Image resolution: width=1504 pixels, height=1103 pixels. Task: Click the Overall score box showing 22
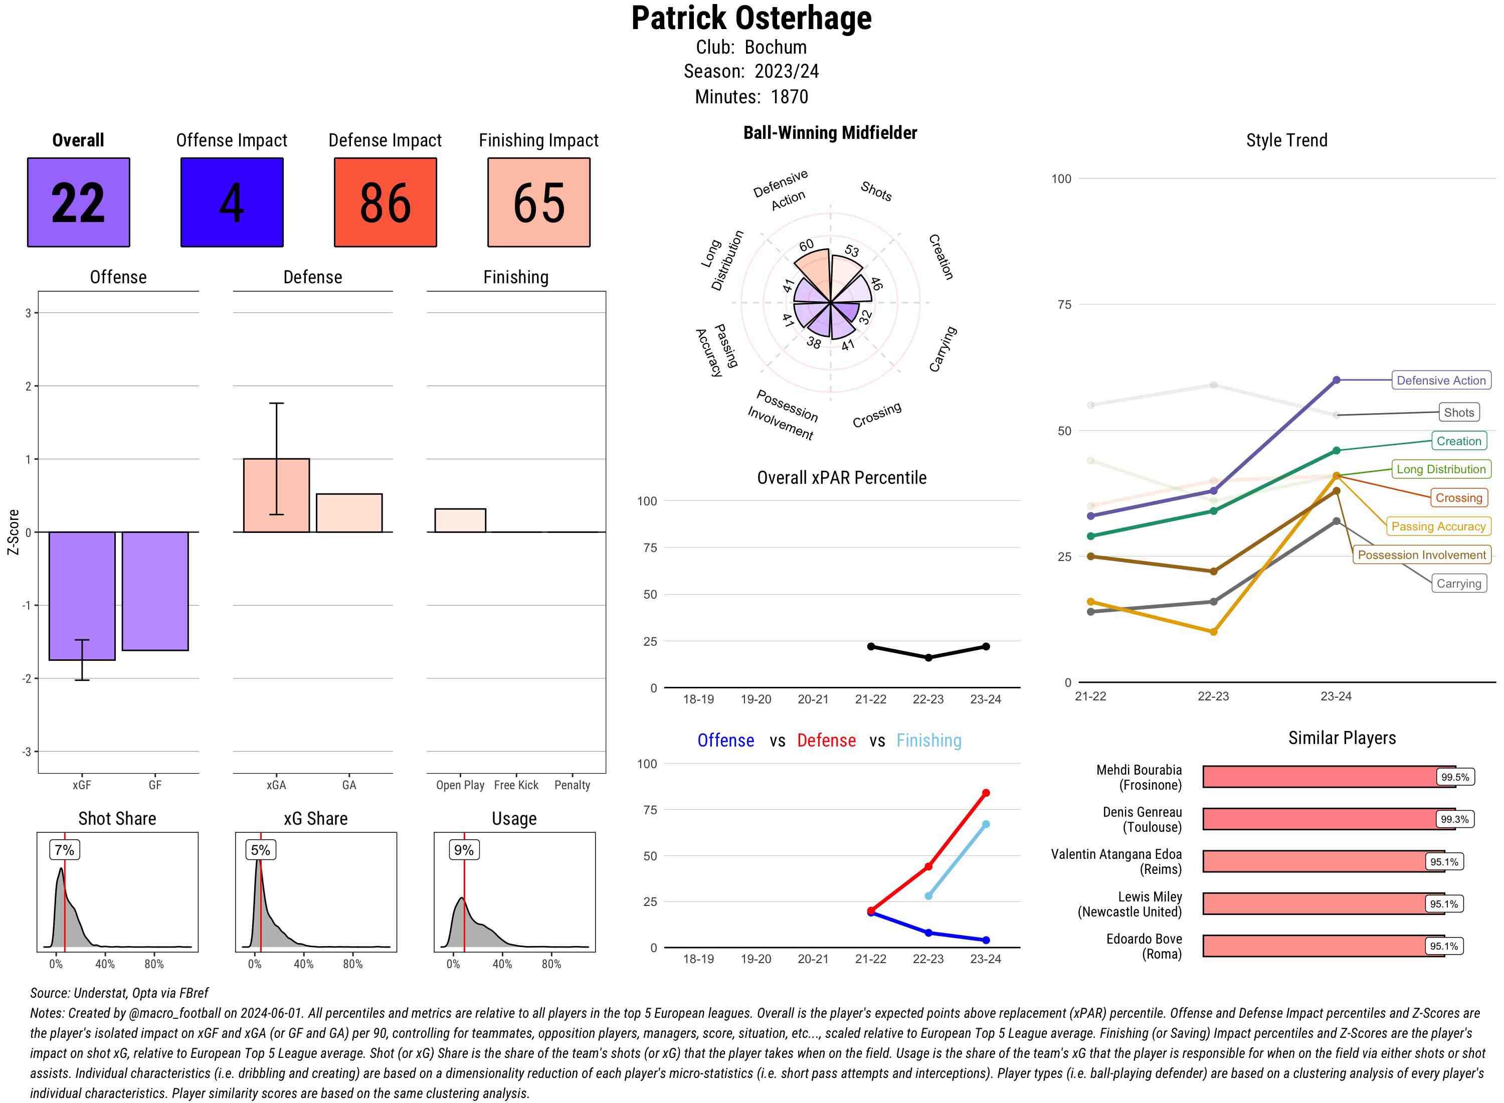click(x=78, y=203)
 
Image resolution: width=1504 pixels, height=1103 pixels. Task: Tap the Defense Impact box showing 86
click(x=385, y=203)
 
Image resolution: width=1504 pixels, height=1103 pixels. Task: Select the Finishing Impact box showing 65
click(x=539, y=203)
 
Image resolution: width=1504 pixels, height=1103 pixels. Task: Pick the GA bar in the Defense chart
click(x=349, y=513)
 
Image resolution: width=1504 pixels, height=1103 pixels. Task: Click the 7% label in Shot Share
click(x=64, y=850)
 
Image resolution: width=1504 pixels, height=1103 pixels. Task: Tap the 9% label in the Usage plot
click(x=463, y=850)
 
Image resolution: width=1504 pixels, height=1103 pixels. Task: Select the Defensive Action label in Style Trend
click(x=1441, y=381)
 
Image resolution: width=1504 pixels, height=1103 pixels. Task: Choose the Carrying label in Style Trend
click(x=1458, y=584)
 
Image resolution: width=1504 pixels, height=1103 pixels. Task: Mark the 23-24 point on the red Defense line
click(x=985, y=793)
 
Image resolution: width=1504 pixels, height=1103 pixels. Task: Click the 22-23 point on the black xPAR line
click(x=928, y=658)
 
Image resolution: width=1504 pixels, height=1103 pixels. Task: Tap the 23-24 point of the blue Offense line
click(x=985, y=940)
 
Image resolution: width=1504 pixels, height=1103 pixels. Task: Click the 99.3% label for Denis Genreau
click(x=1454, y=819)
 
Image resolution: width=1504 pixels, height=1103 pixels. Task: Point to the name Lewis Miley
click(x=1150, y=896)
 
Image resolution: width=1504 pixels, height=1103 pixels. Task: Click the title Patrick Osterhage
click(x=751, y=19)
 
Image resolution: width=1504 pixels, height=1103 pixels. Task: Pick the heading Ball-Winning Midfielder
click(x=830, y=133)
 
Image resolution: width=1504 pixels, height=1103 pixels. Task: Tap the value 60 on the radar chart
click(x=807, y=245)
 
